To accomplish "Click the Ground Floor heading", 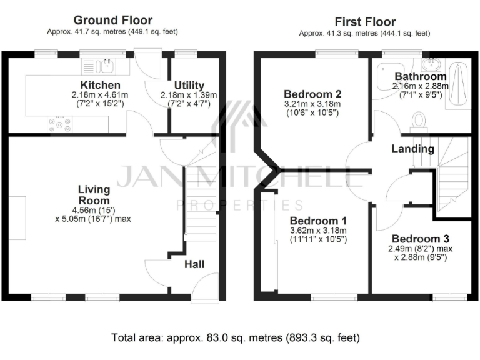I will pos(113,21).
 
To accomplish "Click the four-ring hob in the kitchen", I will pos(60,124).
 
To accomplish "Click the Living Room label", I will pos(94,194).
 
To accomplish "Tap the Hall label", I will pos(194,264).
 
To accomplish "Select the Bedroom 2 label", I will pos(312,94).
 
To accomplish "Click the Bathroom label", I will pos(420,76).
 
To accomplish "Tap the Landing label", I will pos(412,149).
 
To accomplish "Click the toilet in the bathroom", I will pos(419,120).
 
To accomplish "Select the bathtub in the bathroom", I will pos(458,85).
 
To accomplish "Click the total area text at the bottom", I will pos(236,338).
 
